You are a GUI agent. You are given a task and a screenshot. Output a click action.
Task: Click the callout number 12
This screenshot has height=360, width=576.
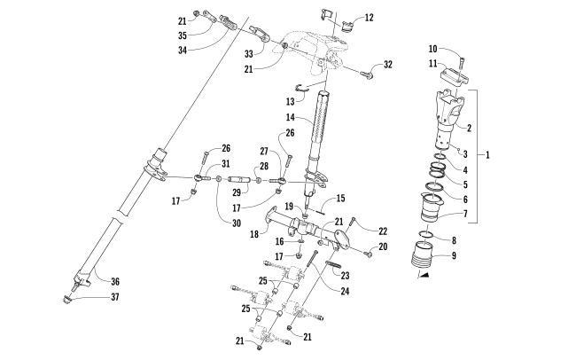369,18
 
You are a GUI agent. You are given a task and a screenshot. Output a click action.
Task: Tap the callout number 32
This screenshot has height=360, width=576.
387,65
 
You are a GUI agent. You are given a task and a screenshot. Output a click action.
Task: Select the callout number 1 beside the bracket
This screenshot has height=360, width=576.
487,155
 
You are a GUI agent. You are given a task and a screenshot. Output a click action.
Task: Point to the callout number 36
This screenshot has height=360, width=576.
115,282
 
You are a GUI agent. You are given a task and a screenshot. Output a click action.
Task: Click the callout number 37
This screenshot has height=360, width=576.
115,297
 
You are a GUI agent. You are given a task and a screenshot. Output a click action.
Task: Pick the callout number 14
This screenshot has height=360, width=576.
290,117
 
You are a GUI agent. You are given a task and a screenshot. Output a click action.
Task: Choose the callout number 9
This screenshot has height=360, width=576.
454,255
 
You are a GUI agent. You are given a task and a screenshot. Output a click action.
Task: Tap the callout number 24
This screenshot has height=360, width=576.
345,291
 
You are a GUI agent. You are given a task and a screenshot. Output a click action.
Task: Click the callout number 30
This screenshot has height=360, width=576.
237,223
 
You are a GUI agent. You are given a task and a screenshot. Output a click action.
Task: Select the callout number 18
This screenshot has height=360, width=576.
254,234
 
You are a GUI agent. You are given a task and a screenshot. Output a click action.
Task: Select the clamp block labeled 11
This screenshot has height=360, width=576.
455,77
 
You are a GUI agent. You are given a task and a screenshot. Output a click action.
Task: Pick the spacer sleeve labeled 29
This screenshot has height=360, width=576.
239,180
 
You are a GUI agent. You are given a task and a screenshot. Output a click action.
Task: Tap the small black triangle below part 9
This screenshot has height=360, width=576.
424,275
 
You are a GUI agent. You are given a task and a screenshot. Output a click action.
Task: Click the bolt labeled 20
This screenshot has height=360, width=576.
368,253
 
